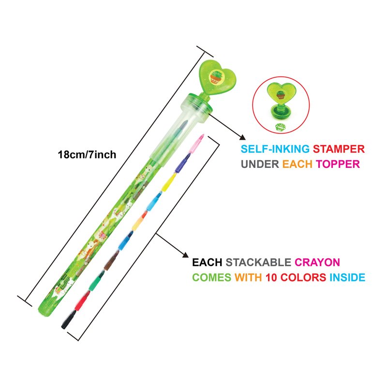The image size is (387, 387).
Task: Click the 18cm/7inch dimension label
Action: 87,155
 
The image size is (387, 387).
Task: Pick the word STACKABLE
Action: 258,263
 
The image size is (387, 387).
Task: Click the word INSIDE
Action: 347,278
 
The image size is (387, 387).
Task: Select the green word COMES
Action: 212,278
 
